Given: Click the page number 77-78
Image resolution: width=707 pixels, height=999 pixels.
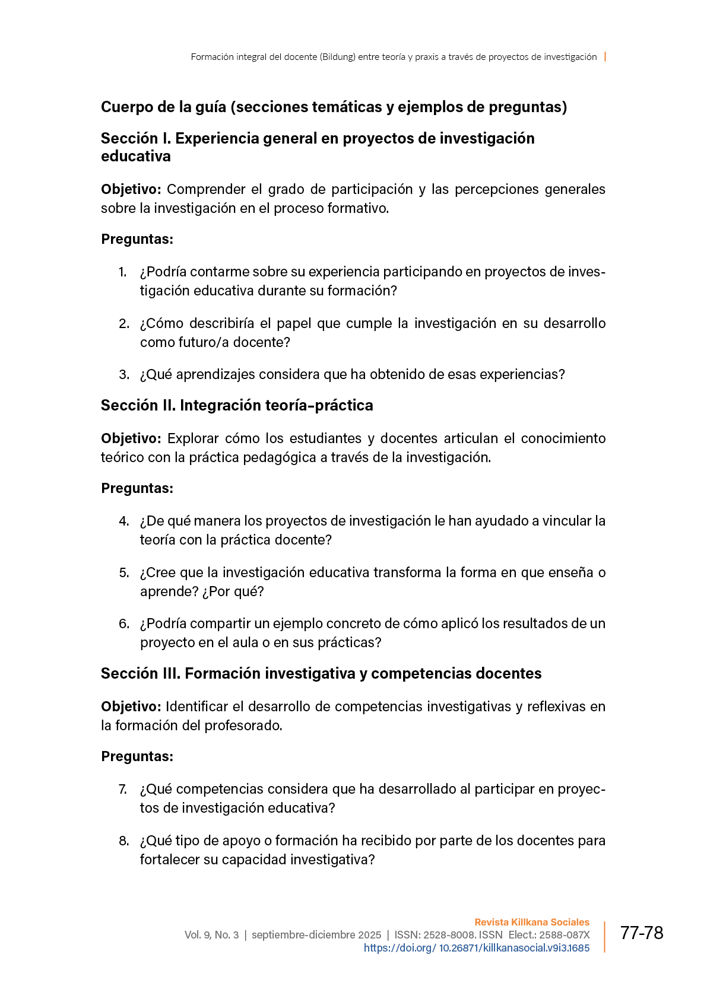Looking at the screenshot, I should [x=641, y=933].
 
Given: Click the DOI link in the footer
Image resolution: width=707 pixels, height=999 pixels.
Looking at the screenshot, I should [x=476, y=948].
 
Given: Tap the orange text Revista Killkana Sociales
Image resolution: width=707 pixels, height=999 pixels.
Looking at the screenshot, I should [x=532, y=922].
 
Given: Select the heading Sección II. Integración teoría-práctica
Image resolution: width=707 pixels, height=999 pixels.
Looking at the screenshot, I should [x=237, y=405].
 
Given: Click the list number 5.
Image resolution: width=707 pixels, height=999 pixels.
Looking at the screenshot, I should [x=123, y=572].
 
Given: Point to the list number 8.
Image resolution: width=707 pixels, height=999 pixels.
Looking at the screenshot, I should [x=123, y=841].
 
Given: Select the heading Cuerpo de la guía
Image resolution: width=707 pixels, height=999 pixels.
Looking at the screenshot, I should [x=334, y=107].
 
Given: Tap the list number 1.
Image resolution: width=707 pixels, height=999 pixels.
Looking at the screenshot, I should [x=123, y=272].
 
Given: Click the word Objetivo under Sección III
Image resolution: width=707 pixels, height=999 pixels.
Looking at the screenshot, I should [x=131, y=707].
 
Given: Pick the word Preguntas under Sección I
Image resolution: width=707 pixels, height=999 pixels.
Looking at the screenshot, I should [x=137, y=239].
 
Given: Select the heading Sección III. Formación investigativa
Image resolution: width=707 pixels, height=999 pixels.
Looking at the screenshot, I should [x=321, y=673].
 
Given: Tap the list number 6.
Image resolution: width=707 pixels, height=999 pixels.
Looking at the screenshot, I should [x=123, y=623].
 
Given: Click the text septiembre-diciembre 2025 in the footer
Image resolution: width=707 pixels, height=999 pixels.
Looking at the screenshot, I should [x=316, y=935].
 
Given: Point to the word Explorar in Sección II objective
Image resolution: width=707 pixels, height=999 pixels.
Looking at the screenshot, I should [x=192, y=438].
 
